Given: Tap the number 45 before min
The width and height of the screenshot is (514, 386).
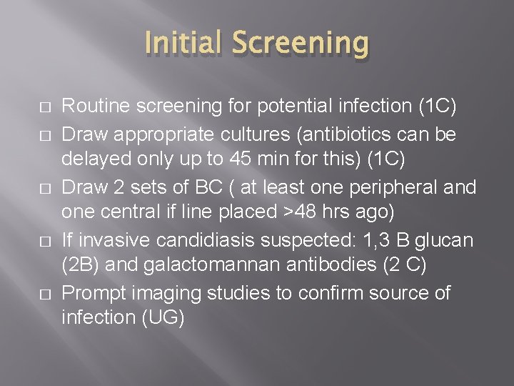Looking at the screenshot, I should [234, 159].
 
